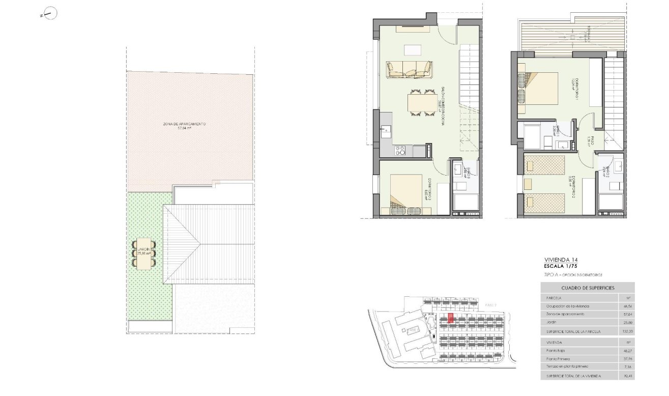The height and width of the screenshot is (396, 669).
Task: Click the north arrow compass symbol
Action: (x=50, y=14)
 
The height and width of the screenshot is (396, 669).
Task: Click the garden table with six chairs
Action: (x=144, y=253)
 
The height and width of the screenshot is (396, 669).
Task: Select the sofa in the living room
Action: (x=409, y=70)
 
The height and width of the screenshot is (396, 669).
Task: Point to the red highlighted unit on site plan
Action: (x=450, y=319)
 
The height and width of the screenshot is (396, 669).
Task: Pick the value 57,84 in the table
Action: (x=626, y=315)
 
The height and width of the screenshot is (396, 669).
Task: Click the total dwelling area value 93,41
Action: (x=626, y=376)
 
